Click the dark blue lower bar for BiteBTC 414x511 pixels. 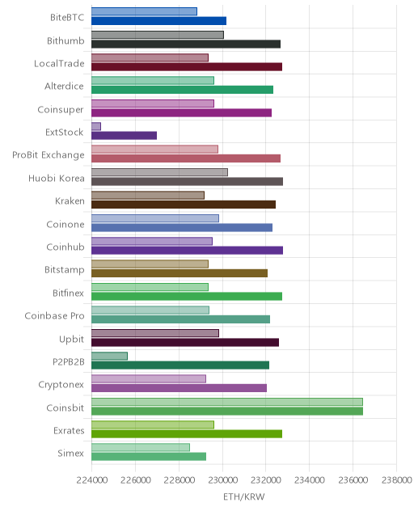click(158, 21)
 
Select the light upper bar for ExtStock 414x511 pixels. click(96, 126)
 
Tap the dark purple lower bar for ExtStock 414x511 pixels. click(125, 136)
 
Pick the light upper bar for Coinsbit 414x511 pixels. click(227, 402)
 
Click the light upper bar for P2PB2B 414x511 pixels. click(109, 356)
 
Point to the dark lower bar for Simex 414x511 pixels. click(149, 457)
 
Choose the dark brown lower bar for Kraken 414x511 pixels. click(184, 205)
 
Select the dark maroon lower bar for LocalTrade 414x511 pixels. click(187, 67)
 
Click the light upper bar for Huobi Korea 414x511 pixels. click(160, 172)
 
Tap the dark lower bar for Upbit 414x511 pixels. click(185, 342)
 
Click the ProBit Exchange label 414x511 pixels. click(49, 155)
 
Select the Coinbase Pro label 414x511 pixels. click(54, 316)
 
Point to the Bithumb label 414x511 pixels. click(65, 40)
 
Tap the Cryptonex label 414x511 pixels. click(61, 385)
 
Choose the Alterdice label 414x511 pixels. click(64, 87)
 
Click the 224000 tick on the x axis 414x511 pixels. click(91, 480)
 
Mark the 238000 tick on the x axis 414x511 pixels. click(396, 480)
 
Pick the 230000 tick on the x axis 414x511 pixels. click(222, 480)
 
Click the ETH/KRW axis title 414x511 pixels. click(244, 496)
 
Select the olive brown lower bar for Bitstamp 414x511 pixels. click(180, 273)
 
